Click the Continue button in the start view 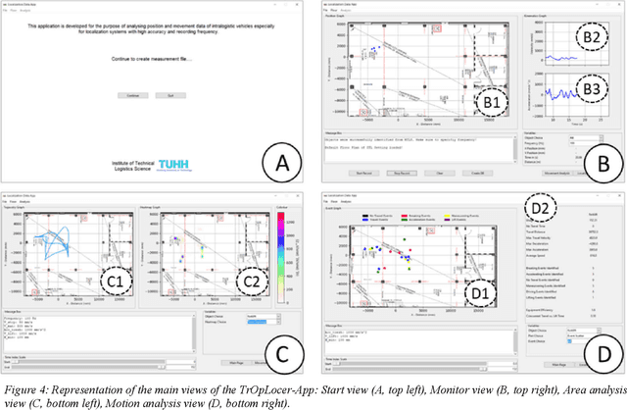click(134, 95)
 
